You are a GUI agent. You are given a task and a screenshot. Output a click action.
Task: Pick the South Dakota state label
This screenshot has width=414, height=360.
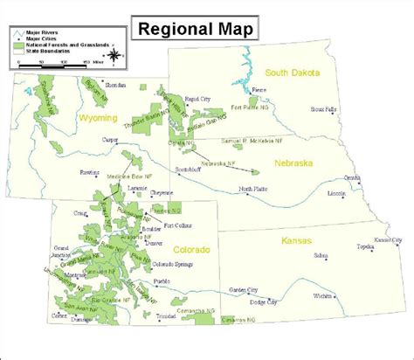pyautogui.click(x=293, y=73)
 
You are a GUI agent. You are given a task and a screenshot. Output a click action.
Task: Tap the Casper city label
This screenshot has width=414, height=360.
pyautogui.click(x=110, y=140)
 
